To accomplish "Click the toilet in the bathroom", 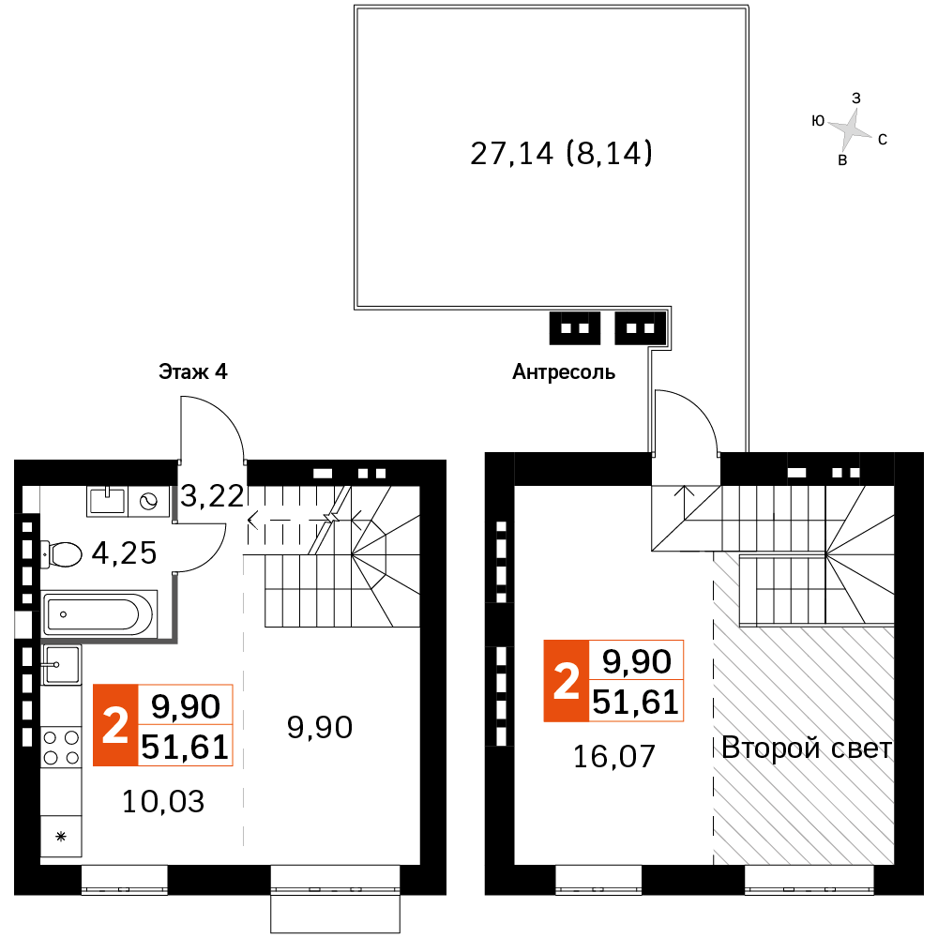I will point(62,554).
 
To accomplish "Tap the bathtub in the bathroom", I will point(98,614).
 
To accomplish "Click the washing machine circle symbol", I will point(148,502).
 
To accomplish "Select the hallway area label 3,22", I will point(212,496).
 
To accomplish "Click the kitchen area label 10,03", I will point(163,801).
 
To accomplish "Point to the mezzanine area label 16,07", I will point(612,756).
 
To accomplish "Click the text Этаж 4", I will point(192,372).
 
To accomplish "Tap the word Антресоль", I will point(564,372).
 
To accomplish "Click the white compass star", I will point(851,129).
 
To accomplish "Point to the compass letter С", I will point(883,140).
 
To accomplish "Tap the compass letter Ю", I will point(818,120).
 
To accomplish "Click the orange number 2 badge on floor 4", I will point(114,725).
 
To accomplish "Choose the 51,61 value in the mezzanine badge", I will point(635,701).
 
